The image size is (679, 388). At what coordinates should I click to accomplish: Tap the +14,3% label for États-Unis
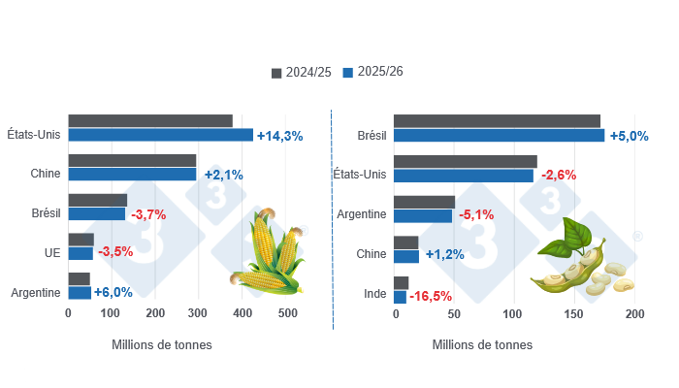coord(279,136)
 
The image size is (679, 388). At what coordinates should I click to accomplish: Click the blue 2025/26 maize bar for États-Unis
coord(160,135)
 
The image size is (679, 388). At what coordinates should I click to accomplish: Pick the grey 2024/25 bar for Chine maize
coord(132,161)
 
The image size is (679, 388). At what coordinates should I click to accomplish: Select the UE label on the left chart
coord(53,253)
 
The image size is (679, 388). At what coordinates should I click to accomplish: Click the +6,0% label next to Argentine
coord(113,292)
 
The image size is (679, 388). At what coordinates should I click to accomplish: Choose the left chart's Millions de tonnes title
coord(162,344)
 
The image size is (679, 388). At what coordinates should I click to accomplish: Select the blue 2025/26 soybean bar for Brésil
coord(499,135)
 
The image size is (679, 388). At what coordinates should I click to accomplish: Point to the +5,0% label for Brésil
coord(628,136)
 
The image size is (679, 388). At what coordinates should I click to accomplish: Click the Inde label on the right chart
coord(374,293)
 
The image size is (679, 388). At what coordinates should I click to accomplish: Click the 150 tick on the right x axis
coord(574,314)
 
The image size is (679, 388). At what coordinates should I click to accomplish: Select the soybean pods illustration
coord(579,262)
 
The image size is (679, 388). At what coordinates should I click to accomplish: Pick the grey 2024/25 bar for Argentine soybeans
coord(424,202)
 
